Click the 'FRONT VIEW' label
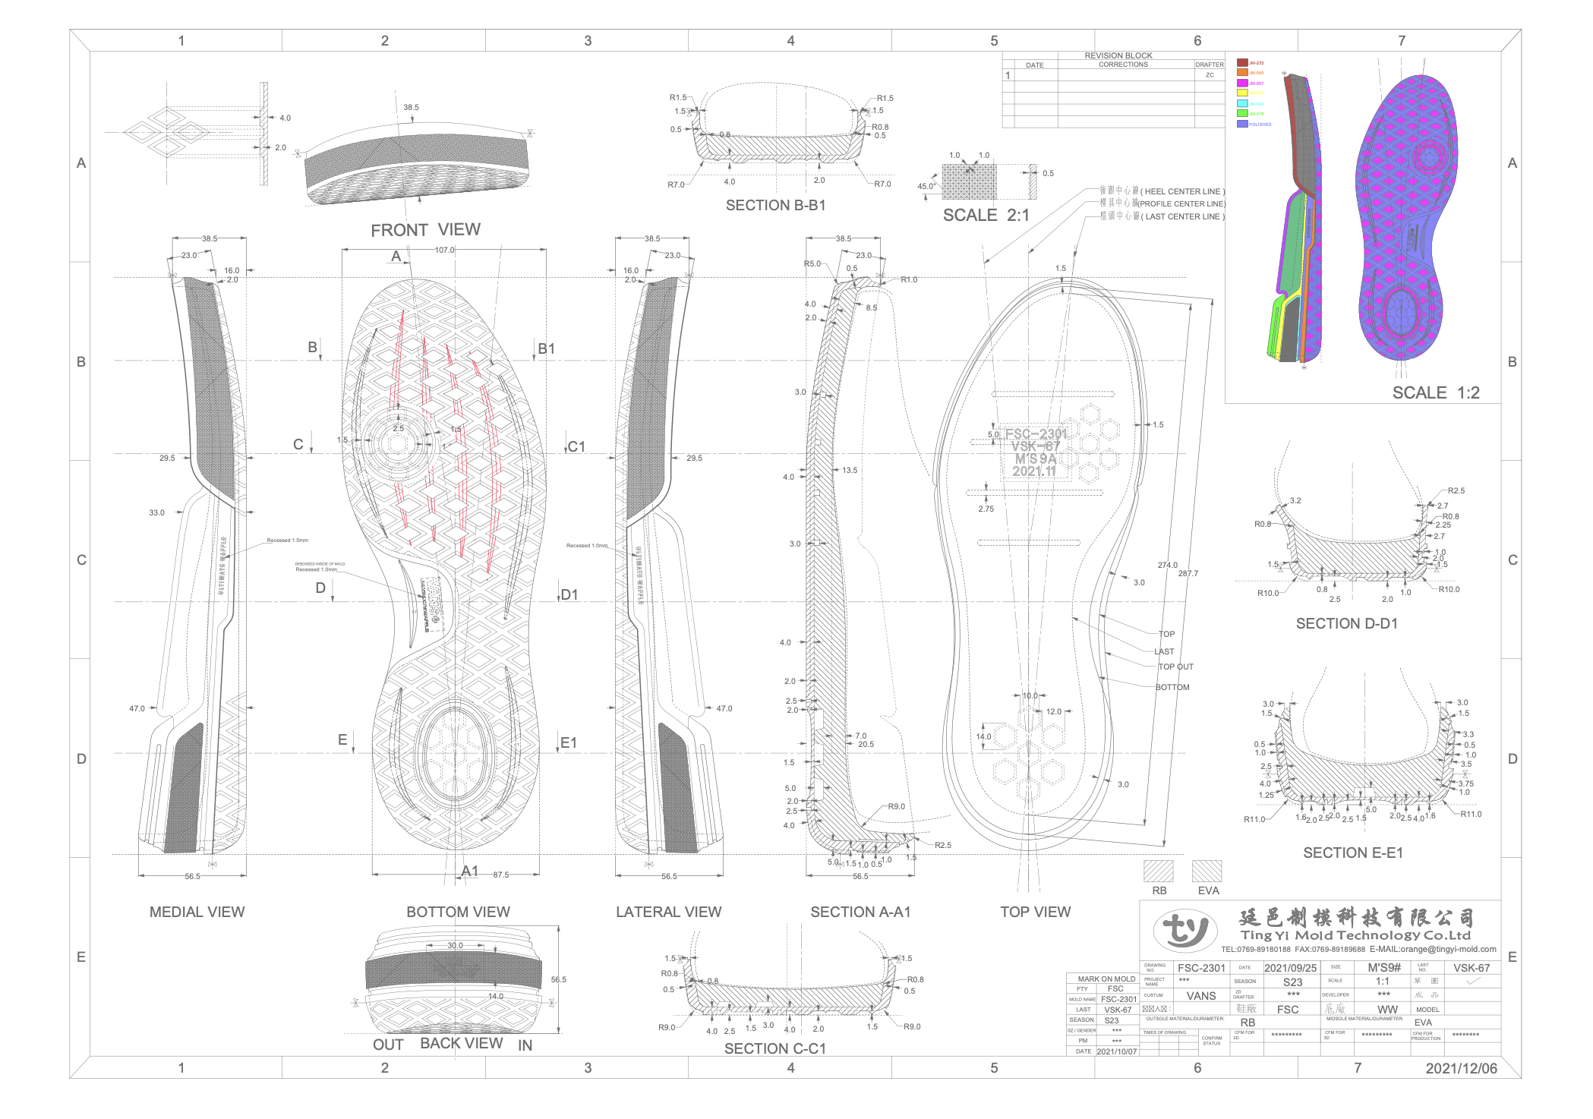pyautogui.click(x=425, y=230)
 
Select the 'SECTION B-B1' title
pyautogui.click(x=775, y=206)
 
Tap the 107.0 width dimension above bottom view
pyautogui.click(x=445, y=250)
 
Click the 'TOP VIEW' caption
pyautogui.click(x=1035, y=912)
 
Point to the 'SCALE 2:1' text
pyautogui.click(x=986, y=216)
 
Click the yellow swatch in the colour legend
pyautogui.click(x=1242, y=93)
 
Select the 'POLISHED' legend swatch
pyautogui.click(x=1242, y=124)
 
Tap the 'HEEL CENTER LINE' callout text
pyautogui.click(x=1184, y=191)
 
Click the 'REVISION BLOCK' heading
pyautogui.click(x=1118, y=55)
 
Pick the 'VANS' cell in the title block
pyautogui.click(x=1201, y=996)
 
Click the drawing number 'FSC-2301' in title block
pyautogui.click(x=1201, y=968)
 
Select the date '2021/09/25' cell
pyautogui.click(x=1290, y=968)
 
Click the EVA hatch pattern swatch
pyautogui.click(x=1207, y=871)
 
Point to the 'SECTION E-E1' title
pyautogui.click(x=1353, y=853)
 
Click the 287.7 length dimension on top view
pyautogui.click(x=1188, y=573)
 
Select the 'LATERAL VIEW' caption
pyautogui.click(x=668, y=912)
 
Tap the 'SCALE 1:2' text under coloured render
pyautogui.click(x=1435, y=393)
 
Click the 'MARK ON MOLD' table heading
pyautogui.click(x=1106, y=979)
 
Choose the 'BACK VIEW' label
pyautogui.click(x=461, y=1044)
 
